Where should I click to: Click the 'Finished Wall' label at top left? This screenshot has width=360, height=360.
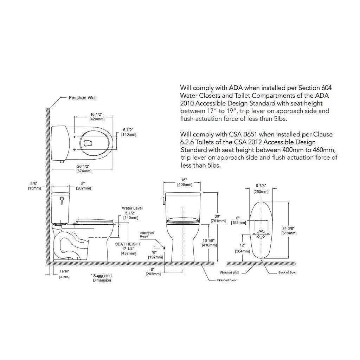click(x=83, y=98)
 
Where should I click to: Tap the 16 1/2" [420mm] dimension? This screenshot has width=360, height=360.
click(x=96, y=117)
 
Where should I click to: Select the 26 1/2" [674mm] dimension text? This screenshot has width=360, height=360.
click(x=84, y=169)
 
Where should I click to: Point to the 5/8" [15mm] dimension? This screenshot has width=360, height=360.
click(x=34, y=186)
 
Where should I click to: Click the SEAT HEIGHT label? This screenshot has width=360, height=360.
click(x=128, y=244)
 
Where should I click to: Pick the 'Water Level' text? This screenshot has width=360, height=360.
click(x=132, y=208)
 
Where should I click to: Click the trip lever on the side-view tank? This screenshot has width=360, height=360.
click(x=61, y=200)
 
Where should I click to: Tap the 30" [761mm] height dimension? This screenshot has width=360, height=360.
click(x=218, y=219)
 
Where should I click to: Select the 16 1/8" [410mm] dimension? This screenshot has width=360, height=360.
click(x=209, y=243)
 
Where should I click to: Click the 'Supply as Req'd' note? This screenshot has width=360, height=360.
click(x=147, y=234)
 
